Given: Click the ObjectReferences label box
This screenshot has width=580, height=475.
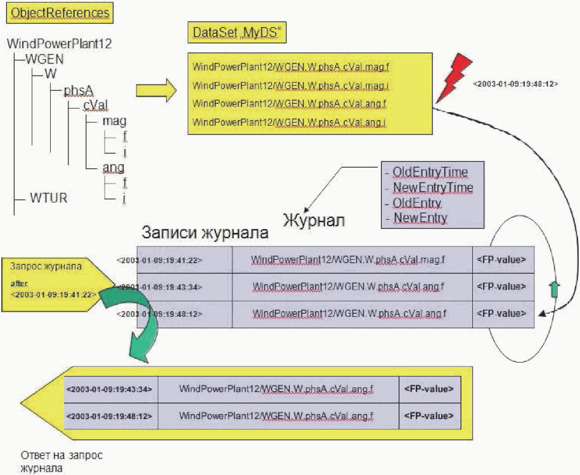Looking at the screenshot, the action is tap(60, 13).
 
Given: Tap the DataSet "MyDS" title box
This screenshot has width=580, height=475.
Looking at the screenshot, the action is tap(236, 32).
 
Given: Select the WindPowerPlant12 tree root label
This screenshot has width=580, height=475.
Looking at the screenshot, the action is tap(59, 44).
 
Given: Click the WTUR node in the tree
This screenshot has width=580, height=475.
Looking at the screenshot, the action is tap(48, 198).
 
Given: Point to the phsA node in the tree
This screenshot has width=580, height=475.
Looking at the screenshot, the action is tap(79, 91).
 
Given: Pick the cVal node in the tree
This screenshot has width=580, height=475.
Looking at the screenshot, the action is tap(96, 105).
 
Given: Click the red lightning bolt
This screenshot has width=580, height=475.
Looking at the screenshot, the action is tap(454, 77).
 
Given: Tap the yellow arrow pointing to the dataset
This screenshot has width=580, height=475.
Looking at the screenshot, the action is tap(156, 90).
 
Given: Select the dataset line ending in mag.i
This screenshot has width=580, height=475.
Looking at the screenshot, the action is tap(291, 86).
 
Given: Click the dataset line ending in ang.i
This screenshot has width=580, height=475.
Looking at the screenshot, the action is tap(289, 122).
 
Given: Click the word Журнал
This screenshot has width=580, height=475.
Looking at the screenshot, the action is tap(314, 220).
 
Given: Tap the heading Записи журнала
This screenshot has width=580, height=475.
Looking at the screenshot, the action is tap(205, 232).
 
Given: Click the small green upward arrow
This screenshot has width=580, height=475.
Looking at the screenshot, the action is tap(553, 289).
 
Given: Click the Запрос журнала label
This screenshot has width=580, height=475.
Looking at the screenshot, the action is tap(46, 266).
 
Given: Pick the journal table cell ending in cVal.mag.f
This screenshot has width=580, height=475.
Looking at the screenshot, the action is tap(348, 260).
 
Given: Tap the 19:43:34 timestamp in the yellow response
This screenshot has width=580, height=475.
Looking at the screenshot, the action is tap(110, 389).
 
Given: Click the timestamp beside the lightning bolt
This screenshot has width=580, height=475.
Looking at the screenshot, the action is tap(515, 84).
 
